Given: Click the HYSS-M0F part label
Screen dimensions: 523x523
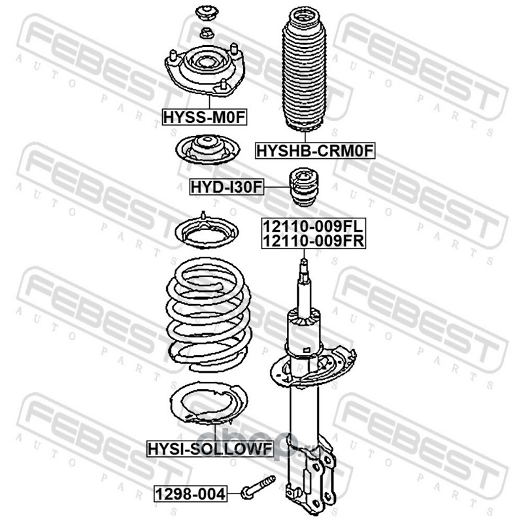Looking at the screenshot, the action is tap(204, 117).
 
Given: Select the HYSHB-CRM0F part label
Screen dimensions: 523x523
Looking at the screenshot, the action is tap(315, 151).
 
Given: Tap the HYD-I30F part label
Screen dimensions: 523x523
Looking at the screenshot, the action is tap(227, 187).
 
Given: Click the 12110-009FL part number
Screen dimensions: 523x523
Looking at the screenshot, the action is tap(313, 226).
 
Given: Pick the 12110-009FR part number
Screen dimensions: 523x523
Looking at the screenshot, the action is tap(314, 241).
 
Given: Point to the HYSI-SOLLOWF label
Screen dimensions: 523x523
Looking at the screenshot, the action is tap(210, 448).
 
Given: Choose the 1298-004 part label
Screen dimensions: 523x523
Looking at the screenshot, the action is tap(190, 494).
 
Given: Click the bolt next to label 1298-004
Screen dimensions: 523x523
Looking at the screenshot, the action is tap(258, 488).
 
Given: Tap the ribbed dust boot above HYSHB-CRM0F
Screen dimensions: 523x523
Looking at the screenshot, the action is tap(305, 70).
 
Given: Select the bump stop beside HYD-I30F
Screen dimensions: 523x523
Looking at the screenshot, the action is tap(303, 186).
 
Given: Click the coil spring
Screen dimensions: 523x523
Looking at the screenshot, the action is tap(209, 315).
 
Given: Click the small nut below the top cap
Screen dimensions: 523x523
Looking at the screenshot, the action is tap(207, 33).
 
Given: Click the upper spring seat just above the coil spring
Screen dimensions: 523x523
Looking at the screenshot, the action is tap(207, 233).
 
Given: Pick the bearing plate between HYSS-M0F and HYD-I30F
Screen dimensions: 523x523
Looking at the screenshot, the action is tap(208, 150).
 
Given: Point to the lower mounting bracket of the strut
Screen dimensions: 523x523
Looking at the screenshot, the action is tap(310, 477).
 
